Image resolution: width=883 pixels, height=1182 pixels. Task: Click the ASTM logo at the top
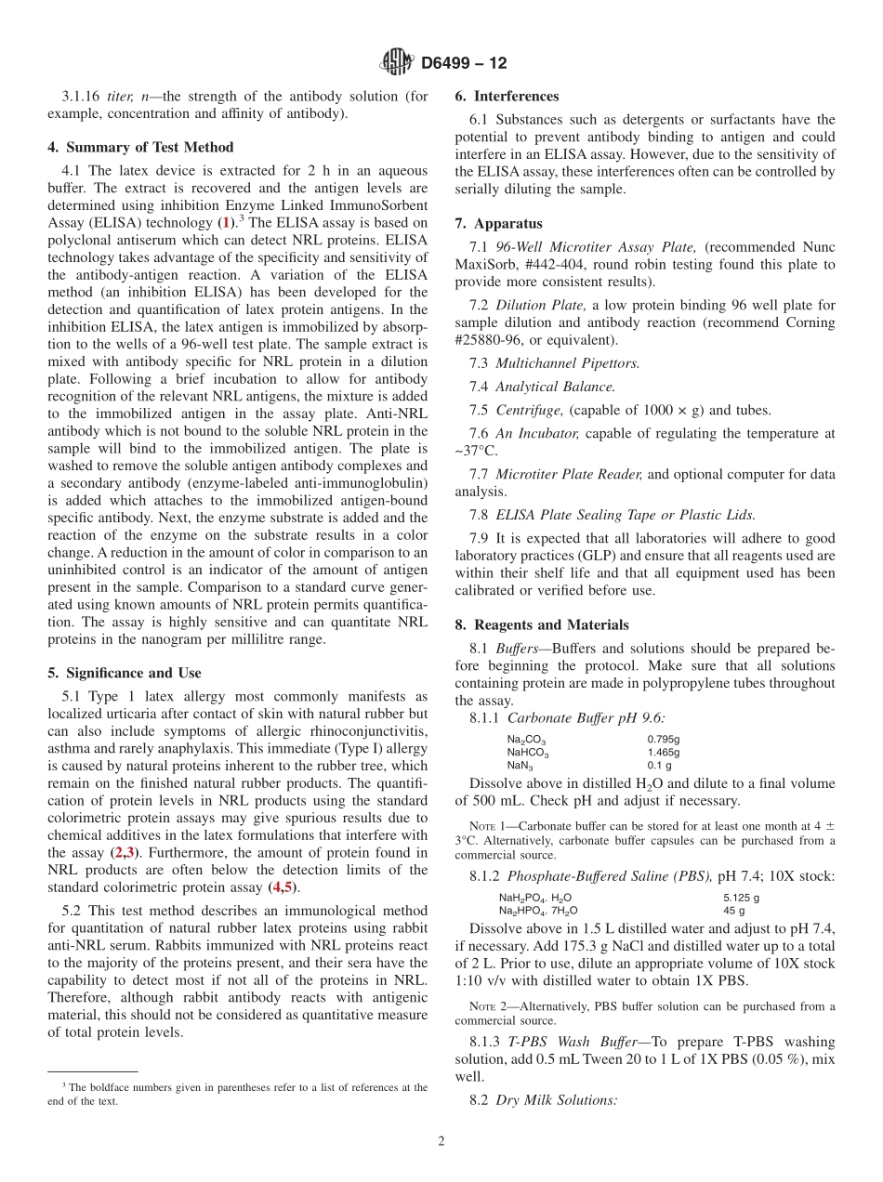[398, 63]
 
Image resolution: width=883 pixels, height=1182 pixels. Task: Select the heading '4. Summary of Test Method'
[140, 147]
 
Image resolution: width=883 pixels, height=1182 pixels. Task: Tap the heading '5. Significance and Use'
[125, 673]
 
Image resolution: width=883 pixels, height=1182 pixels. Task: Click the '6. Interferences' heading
[507, 96]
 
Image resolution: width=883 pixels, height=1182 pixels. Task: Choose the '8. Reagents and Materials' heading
[542, 624]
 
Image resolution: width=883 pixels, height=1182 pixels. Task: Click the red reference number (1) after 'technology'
[224, 223]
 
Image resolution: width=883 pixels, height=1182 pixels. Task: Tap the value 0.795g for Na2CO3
[663, 740]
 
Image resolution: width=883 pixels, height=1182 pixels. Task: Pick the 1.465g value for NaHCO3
[663, 752]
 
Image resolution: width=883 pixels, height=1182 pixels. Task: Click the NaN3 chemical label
[520, 765]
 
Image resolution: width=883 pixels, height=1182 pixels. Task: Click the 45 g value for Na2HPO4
[733, 911]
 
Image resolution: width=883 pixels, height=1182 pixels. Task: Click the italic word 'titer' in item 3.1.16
[121, 96]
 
